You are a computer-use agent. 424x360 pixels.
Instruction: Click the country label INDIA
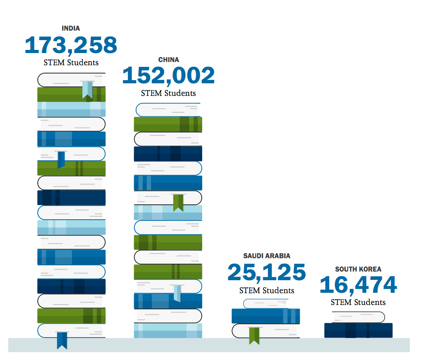tap(71, 28)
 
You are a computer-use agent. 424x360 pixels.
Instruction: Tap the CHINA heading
tap(168, 60)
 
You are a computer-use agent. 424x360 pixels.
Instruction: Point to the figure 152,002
tap(168, 75)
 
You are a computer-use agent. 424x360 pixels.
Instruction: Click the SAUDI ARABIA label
tap(267, 256)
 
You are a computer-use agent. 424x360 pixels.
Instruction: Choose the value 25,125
tap(267, 272)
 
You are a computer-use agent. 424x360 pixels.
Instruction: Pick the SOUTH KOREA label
tap(358, 269)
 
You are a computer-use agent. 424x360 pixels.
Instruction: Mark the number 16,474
tap(358, 285)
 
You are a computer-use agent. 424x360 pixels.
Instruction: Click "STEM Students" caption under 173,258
tap(71, 62)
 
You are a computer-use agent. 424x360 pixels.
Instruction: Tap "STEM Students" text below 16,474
tap(358, 302)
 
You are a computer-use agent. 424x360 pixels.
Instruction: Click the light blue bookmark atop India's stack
tap(87, 90)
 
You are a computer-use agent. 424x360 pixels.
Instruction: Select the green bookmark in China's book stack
tap(178, 202)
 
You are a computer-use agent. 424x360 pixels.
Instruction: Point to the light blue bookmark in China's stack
tap(177, 293)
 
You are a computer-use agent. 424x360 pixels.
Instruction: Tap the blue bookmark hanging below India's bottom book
tap(62, 340)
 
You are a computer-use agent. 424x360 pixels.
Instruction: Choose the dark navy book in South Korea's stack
tap(358, 330)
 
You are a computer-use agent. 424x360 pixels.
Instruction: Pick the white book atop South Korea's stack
tap(358, 317)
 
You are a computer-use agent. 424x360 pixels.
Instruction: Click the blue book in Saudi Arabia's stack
tap(265, 316)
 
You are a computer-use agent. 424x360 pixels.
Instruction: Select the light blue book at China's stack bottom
tap(168, 331)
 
